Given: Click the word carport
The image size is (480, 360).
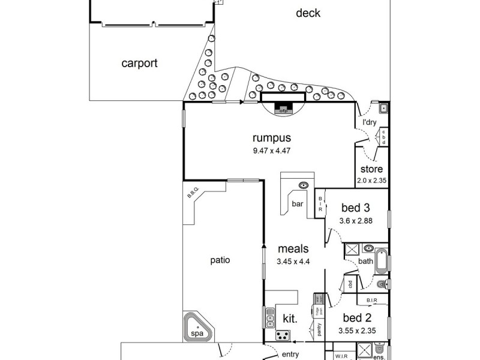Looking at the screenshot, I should [x=139, y=63].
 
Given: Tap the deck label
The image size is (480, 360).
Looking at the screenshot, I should [x=308, y=13].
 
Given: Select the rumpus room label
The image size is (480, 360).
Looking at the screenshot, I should [x=271, y=138].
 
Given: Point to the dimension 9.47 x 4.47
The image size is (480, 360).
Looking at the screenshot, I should [x=271, y=151].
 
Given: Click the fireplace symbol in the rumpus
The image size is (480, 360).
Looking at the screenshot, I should [x=283, y=109].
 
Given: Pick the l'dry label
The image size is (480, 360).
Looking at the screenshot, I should [x=369, y=122].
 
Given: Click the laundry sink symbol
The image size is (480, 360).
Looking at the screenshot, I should [x=383, y=109].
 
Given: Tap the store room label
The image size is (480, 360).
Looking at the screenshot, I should [x=371, y=169].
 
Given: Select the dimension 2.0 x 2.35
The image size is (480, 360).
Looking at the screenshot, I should [x=371, y=179].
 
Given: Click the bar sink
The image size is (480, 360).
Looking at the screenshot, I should [x=304, y=185].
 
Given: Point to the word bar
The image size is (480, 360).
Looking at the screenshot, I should [x=298, y=204].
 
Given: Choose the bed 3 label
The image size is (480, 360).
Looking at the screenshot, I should [x=355, y=208].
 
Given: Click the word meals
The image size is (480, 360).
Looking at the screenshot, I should [x=293, y=248].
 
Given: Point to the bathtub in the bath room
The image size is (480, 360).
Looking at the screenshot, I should [x=382, y=261].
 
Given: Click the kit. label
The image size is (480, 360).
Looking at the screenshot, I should [x=290, y=318].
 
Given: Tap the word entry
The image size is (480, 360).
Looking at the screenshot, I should [x=290, y=354].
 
